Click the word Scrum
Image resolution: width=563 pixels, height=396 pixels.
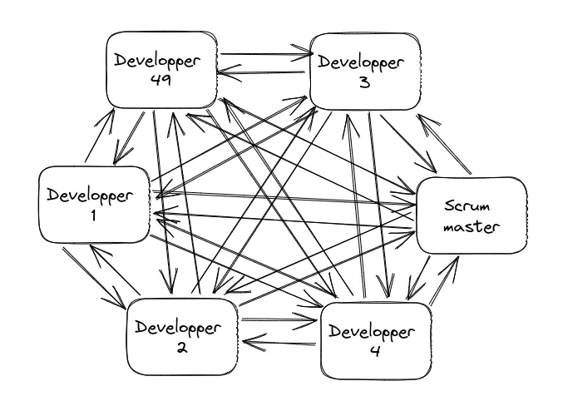[x=470, y=204]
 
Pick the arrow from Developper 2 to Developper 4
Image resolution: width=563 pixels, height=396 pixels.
[x=279, y=317]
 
